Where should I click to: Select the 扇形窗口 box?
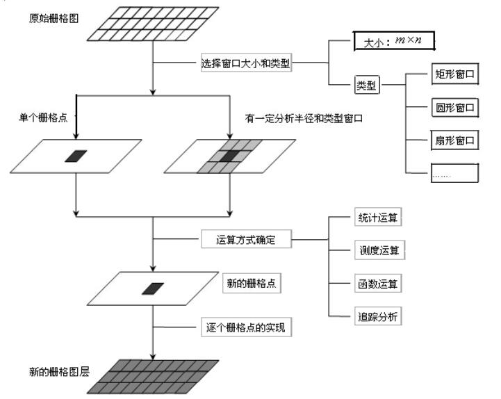454,140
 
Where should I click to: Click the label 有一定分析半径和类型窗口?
304,117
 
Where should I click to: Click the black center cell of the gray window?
229,156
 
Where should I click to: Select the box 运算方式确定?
246,241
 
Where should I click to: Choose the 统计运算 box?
375,218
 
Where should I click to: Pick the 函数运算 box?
375,284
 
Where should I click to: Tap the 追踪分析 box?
375,317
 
